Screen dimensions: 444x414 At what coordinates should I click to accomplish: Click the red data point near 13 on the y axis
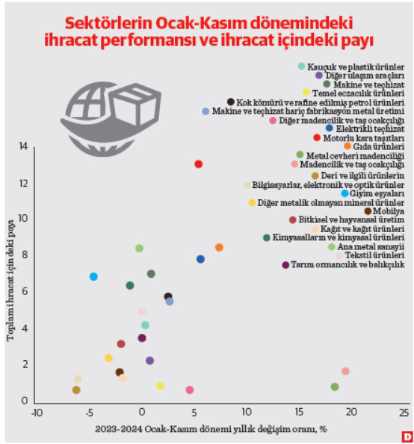(x=198, y=164)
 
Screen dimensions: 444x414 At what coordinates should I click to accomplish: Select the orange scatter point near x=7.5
(x=219, y=247)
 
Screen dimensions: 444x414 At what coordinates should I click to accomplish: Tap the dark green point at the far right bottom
(x=335, y=387)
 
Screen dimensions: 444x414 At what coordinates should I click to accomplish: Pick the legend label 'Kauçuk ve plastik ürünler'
(x=357, y=67)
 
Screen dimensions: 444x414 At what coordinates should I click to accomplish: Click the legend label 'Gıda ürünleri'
(x=379, y=147)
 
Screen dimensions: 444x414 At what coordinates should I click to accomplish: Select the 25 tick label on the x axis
(x=404, y=413)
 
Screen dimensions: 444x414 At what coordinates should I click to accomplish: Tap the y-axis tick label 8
(x=24, y=255)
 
